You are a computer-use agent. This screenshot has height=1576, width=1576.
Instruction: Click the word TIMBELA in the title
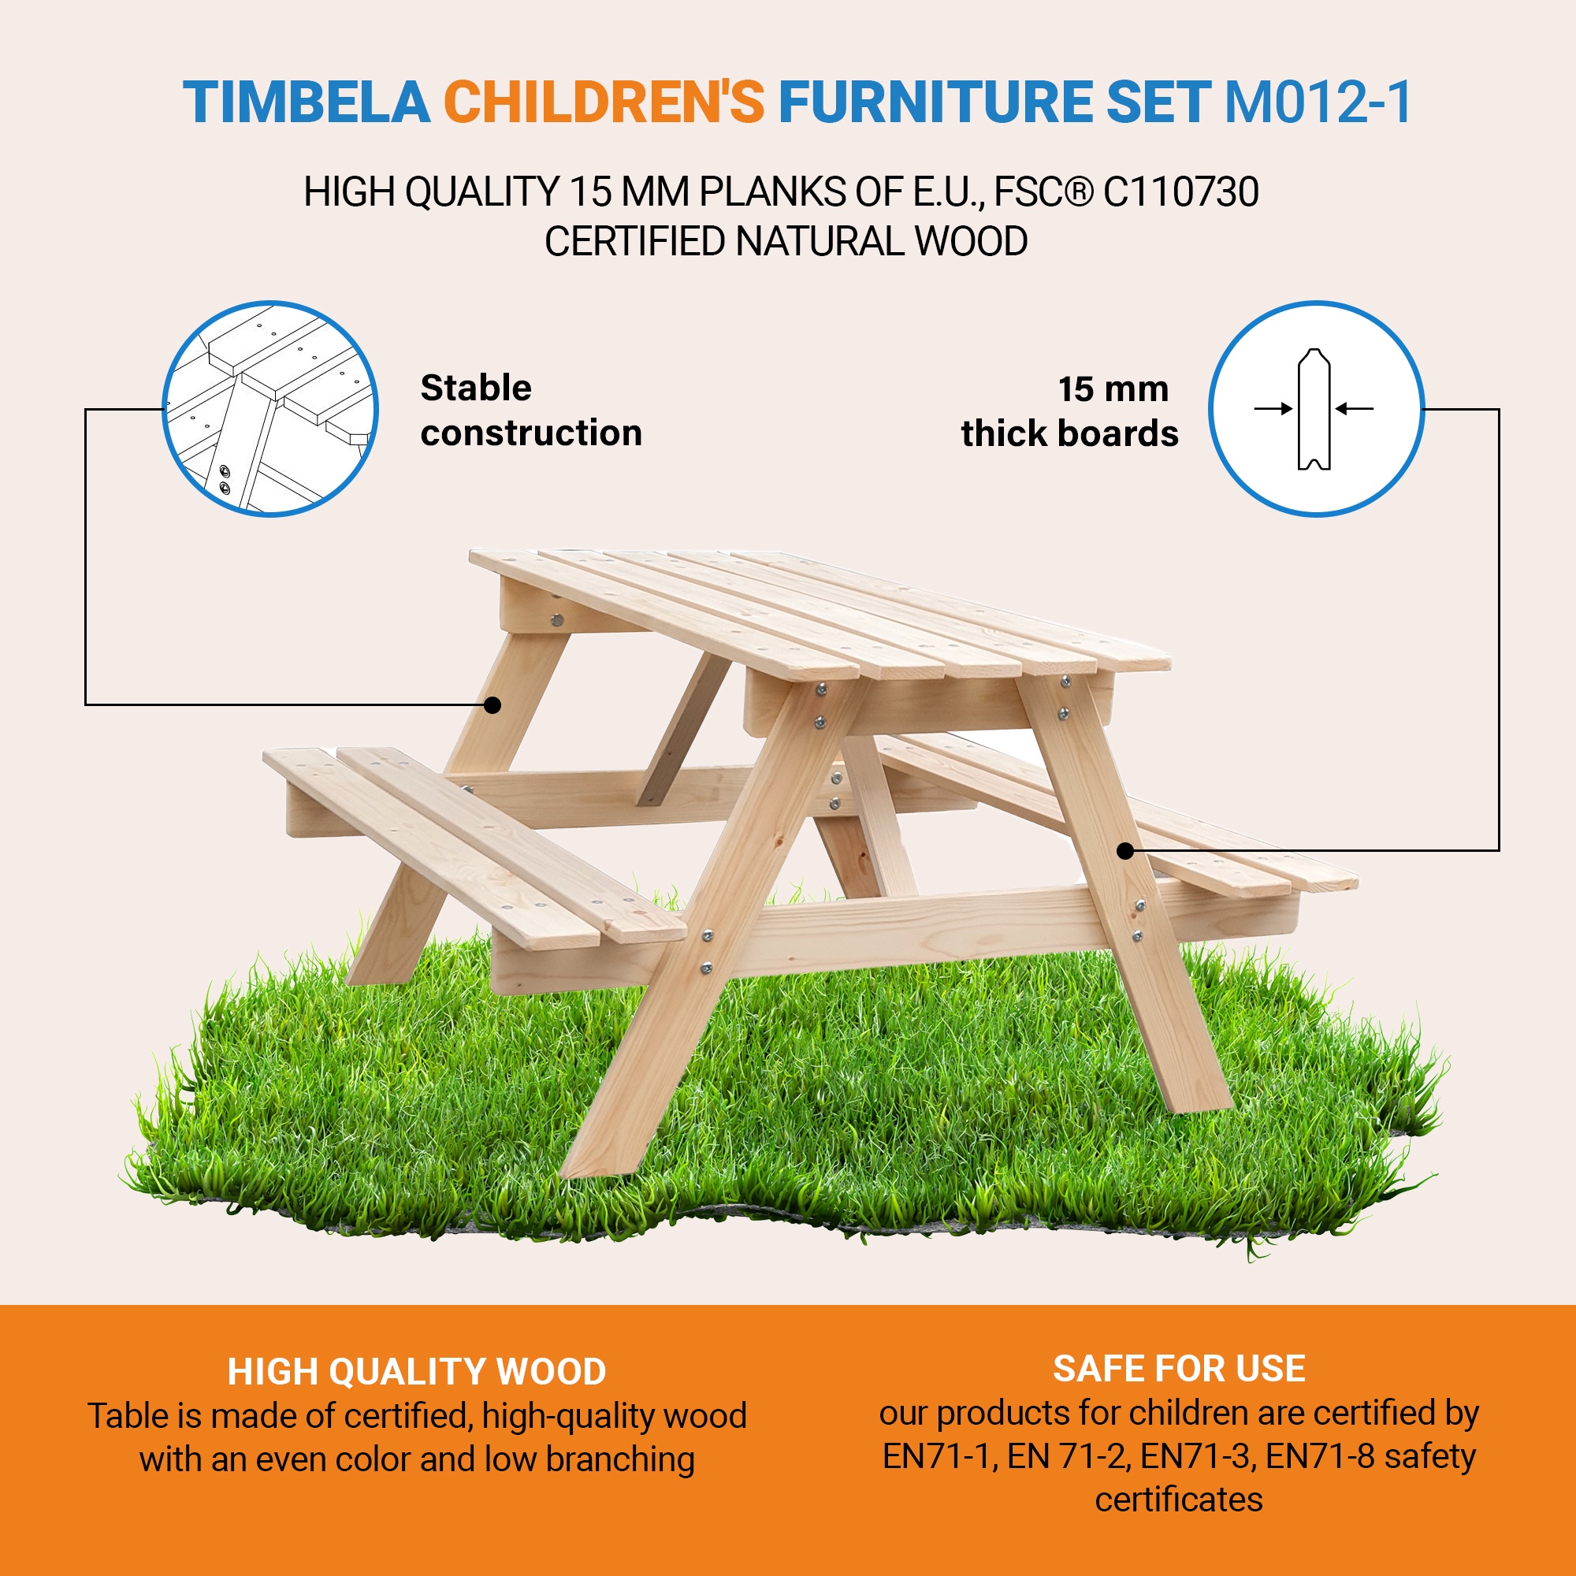306,102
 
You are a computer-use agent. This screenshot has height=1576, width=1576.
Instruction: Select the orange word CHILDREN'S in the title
604,102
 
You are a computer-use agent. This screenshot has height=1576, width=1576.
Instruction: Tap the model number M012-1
1318,102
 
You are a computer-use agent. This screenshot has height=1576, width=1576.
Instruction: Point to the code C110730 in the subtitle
1180,192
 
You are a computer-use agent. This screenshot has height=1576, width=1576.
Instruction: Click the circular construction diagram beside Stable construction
270,409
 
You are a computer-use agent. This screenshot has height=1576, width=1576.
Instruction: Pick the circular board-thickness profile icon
1316,409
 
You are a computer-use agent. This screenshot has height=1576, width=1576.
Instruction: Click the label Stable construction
531,411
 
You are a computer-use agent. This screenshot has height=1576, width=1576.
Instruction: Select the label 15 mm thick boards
1069,411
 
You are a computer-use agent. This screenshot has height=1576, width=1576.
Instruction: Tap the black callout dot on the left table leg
492,704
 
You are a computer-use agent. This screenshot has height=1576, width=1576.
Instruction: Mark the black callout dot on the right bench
1126,851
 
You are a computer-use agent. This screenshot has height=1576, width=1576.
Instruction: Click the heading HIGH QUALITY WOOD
417,1372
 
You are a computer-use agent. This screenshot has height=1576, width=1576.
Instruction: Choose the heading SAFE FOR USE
1179,1369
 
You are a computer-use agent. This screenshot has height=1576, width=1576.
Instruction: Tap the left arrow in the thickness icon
1273,409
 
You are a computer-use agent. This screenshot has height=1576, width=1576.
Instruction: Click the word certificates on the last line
1179,1500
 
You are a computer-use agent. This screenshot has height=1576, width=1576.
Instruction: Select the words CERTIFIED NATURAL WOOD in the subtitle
786,241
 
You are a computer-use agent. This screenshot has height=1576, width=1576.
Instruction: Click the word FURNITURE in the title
935,102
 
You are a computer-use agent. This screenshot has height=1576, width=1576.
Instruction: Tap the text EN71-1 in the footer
937,1456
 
